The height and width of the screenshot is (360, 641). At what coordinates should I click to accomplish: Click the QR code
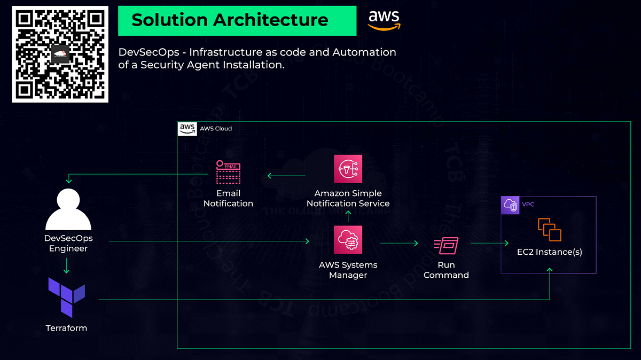[60, 54]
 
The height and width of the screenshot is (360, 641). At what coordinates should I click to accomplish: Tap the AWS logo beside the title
[384, 20]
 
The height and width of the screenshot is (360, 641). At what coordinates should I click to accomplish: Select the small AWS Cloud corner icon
[187, 128]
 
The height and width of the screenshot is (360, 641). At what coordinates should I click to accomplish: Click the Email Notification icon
[228, 172]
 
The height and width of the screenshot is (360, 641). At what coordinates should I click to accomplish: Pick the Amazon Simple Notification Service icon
[348, 169]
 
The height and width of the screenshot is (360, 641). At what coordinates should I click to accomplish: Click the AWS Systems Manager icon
[348, 239]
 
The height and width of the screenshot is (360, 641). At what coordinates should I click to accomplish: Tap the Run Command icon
[446, 246]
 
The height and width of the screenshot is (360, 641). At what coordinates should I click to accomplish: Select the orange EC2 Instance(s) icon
[549, 230]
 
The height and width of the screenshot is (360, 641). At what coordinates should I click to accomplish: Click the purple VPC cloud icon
[510, 206]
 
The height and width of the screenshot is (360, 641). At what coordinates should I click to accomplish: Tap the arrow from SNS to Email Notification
[286, 176]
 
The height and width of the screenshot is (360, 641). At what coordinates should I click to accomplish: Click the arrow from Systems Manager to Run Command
[398, 243]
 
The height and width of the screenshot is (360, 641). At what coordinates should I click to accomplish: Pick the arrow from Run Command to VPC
[489, 243]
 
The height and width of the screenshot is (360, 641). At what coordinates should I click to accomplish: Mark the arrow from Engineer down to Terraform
[66, 265]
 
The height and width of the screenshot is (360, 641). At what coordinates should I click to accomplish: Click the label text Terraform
[66, 328]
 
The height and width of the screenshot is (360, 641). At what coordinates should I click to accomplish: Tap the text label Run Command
[446, 270]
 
